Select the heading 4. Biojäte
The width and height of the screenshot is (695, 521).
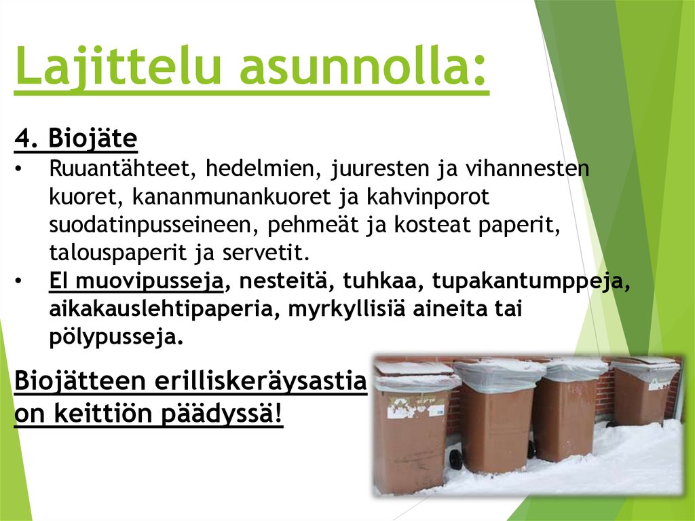[x=76, y=141]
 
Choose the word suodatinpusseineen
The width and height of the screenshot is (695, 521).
[x=153, y=225]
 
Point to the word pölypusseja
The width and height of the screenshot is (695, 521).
[x=116, y=337]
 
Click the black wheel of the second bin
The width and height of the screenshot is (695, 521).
[x=455, y=459]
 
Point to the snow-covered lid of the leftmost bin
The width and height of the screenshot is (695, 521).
[x=413, y=368]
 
